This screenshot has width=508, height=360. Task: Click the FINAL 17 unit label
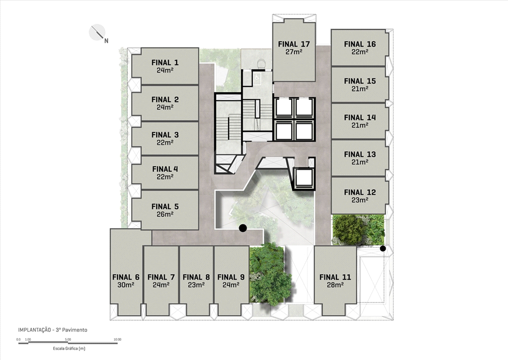pyautogui.click(x=294, y=44)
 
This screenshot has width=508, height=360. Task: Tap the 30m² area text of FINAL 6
pyautogui.click(x=126, y=285)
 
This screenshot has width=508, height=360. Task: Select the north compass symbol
pyautogui.click(x=97, y=32)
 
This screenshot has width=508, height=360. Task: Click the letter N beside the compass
pyautogui.click(x=106, y=41)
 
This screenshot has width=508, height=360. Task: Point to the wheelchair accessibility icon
pyautogui.click(x=257, y=77)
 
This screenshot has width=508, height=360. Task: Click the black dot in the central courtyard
pyautogui.click(x=243, y=228)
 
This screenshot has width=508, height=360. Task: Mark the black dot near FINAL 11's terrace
pyautogui.click(x=383, y=249)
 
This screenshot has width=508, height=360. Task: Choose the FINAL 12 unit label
pyautogui.click(x=360, y=192)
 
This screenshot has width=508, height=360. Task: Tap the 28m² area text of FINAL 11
pyautogui.click(x=335, y=285)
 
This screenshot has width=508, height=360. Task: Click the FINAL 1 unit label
pyautogui.click(x=165, y=62)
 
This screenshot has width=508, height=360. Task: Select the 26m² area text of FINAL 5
pyautogui.click(x=165, y=214)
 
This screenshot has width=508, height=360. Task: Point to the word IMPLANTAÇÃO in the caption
pyautogui.click(x=34, y=330)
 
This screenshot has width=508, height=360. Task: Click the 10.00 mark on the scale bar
pyautogui.click(x=117, y=339)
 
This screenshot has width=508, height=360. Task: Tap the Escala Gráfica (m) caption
pyautogui.click(x=69, y=349)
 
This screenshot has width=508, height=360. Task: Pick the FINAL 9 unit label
pyautogui.click(x=231, y=277)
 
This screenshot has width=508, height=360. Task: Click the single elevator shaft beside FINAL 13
pyautogui.click(x=304, y=179)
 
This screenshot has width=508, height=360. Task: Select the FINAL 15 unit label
pyautogui.click(x=360, y=81)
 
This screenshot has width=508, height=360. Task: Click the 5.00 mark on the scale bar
pyautogui.click(x=68, y=339)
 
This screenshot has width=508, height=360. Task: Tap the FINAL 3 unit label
pyautogui.click(x=165, y=135)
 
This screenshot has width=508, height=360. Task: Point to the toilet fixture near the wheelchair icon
pyautogui.click(x=260, y=63)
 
